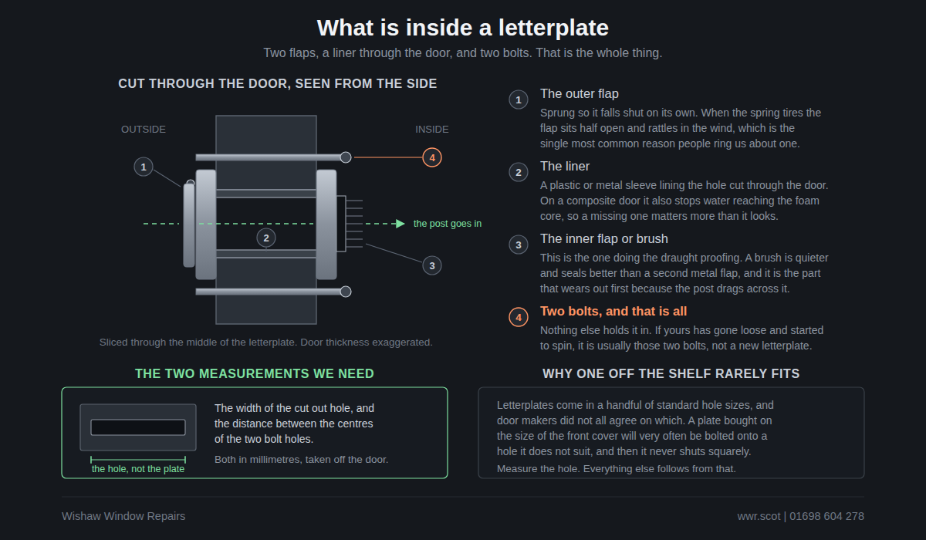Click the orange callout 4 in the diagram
[432, 157]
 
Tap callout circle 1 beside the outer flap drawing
[144, 167]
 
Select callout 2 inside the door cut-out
[266, 238]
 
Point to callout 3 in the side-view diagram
[432, 265]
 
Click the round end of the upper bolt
[346, 157]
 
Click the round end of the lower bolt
[346, 292]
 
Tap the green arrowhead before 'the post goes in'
[400, 224]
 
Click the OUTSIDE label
[144, 130]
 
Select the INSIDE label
[432, 130]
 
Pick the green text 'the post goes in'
[448, 224]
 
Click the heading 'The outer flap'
[580, 94]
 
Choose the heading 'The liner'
[565, 166]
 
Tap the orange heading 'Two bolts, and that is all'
[613, 311]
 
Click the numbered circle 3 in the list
[519, 245]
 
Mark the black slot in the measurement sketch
[138, 427]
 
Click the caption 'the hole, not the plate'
[138, 469]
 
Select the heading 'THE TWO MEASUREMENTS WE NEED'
[255, 373]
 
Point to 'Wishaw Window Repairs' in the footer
[123, 516]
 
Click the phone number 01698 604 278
[826, 516]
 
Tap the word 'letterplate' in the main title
[553, 28]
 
